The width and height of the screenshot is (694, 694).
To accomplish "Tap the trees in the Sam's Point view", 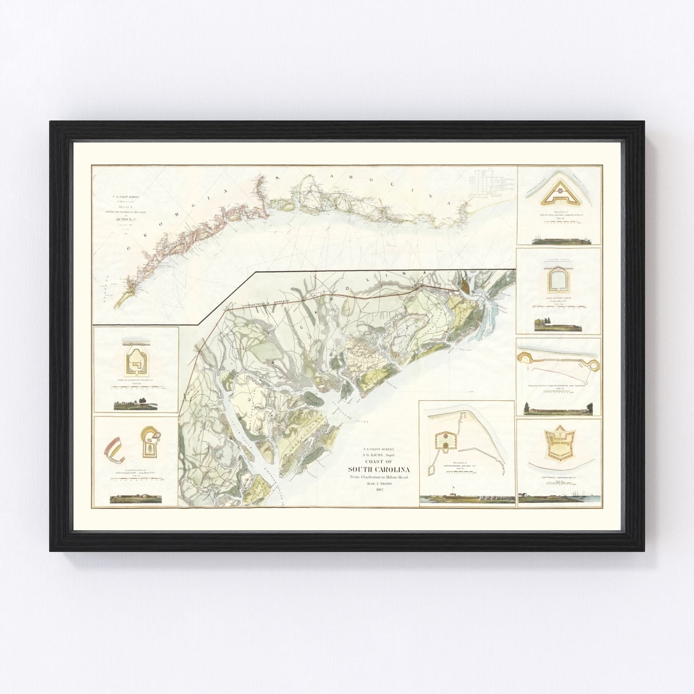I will tap(542, 322).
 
